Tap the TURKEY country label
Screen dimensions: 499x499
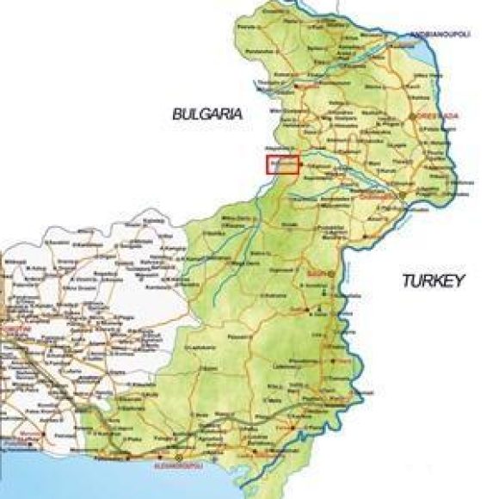click(x=433, y=280)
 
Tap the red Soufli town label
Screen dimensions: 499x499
click(x=315, y=276)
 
